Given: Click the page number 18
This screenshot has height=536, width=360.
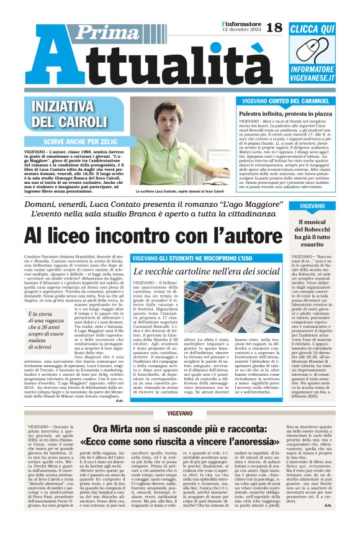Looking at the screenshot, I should click(x=274, y=27).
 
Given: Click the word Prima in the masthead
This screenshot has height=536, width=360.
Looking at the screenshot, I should click(x=93, y=34).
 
